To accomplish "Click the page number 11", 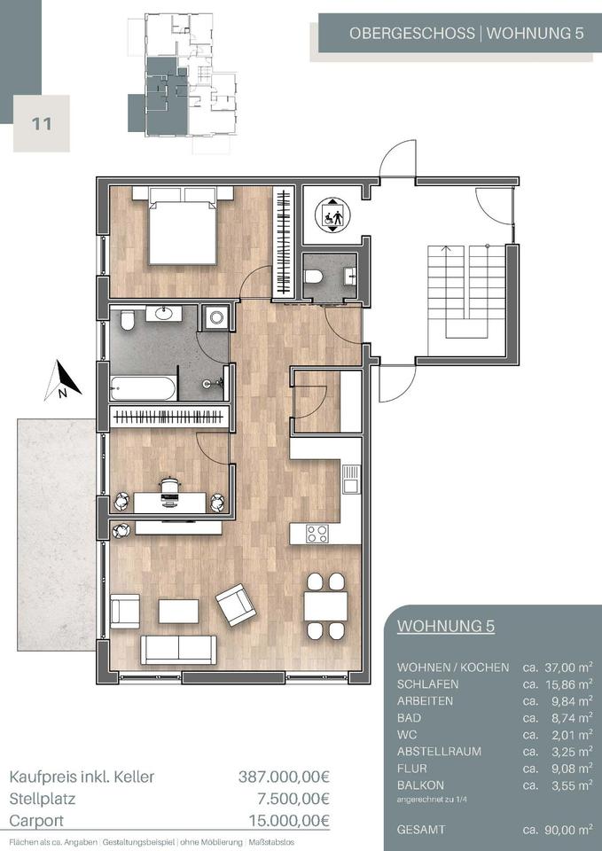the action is point(42,124).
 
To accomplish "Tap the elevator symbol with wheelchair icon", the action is point(332,215).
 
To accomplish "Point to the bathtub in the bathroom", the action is point(143,388).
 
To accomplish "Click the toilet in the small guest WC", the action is point(314,277).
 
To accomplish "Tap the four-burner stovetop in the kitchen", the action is point(317,534).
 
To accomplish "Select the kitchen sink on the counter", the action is point(351,480).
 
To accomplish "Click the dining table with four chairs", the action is point(325,606).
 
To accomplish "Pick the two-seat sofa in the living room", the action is point(178,650).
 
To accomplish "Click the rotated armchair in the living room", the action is point(236,605).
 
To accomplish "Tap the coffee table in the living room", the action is point(178,611).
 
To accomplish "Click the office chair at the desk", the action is point(170,492).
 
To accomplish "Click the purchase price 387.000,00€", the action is point(284,777).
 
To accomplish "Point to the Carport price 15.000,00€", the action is point(289,820).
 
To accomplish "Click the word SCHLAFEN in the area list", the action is point(427,684).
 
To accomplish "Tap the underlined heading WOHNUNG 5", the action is point(446,626).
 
